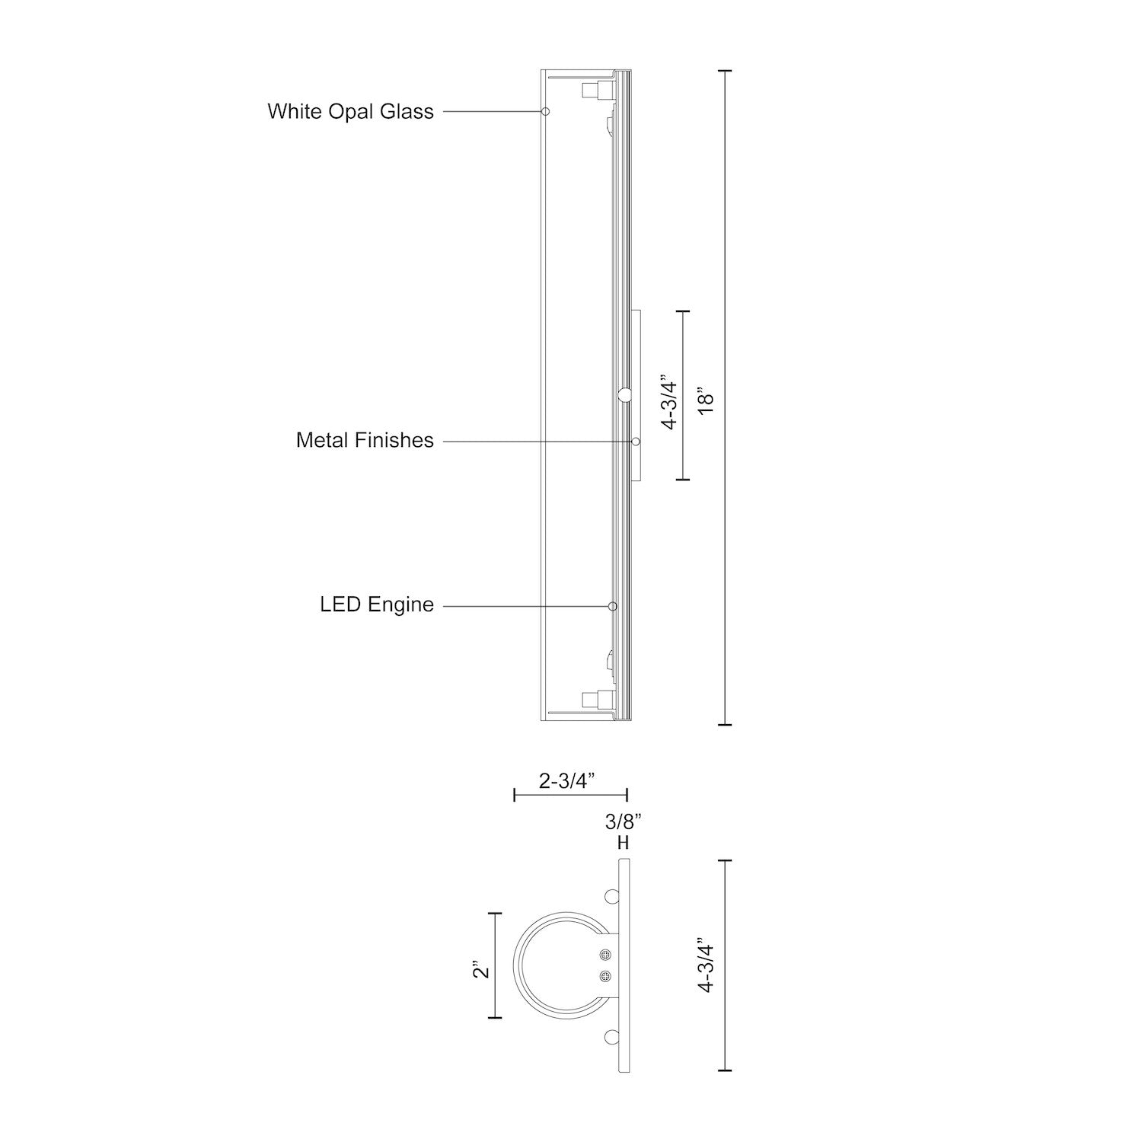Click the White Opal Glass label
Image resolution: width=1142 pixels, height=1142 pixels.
coord(350,111)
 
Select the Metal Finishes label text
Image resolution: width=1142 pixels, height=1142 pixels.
coord(365,440)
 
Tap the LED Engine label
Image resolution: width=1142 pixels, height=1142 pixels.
coord(376,605)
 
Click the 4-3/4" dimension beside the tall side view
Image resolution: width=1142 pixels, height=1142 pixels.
coord(668,402)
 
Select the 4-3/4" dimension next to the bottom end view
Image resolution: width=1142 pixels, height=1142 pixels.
coord(707,968)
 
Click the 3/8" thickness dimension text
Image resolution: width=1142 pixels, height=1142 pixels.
coord(624,821)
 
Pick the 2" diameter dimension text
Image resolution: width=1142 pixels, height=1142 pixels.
coord(480,972)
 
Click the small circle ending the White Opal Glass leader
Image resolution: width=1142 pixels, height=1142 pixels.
coord(545,111)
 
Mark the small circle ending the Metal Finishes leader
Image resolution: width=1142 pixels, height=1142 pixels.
coord(636,441)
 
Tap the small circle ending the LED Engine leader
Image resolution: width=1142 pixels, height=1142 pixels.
coord(612,606)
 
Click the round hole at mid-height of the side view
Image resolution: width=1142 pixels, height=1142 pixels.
coord(624,394)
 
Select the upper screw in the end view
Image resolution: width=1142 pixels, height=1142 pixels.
coord(605,955)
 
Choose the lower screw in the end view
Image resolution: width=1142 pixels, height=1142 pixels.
coord(605,976)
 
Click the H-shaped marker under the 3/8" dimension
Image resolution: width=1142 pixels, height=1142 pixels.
coord(624,844)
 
